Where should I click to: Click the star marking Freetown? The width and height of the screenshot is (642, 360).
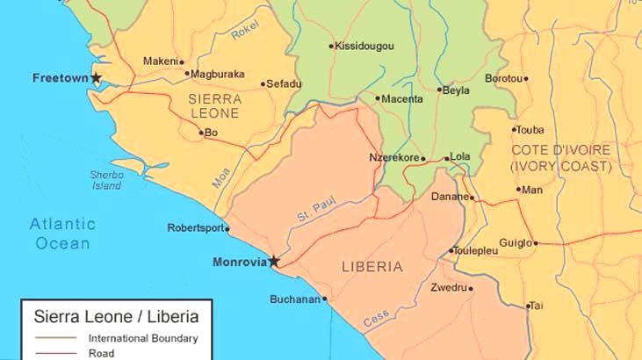click(x=96, y=79)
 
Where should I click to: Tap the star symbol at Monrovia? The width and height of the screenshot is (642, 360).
click(x=273, y=261)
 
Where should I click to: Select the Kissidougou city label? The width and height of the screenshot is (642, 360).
click(x=364, y=46)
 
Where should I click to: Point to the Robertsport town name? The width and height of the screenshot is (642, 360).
click(x=195, y=228)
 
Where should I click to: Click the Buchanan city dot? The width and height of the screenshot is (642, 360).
click(x=325, y=299)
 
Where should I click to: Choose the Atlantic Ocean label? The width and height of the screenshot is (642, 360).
click(x=62, y=233)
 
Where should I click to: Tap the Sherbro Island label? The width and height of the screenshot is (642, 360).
click(x=106, y=180)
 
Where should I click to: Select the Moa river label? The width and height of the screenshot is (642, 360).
click(x=220, y=178)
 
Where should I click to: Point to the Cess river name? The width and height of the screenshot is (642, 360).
click(x=376, y=317)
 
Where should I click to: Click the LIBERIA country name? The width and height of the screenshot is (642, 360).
click(x=371, y=266)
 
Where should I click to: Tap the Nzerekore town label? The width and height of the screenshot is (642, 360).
click(x=394, y=158)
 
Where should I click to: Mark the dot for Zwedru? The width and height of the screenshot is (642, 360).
click(x=471, y=288)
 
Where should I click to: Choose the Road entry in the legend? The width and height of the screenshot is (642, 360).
click(x=100, y=354)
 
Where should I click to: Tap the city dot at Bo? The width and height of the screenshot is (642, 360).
click(x=201, y=133)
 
